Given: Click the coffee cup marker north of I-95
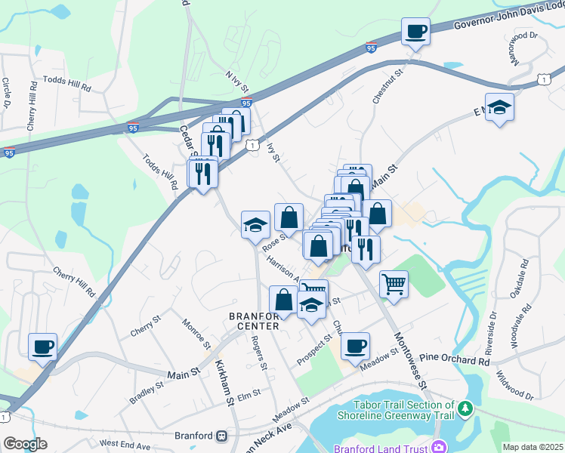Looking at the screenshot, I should point(415,32).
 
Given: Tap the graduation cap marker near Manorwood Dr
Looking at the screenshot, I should point(499,108).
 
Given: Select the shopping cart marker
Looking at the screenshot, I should point(394,285).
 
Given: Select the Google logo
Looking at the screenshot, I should point(25,444).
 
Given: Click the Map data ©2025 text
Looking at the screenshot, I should point(533,447).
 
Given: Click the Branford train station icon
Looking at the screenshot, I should point(222,436).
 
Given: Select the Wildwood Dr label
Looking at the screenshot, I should point(515,385).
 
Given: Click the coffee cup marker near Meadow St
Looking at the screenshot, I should point(355,347).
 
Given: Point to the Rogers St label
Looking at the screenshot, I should point(258,353).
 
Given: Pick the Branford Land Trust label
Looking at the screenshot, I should point(381,448).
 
